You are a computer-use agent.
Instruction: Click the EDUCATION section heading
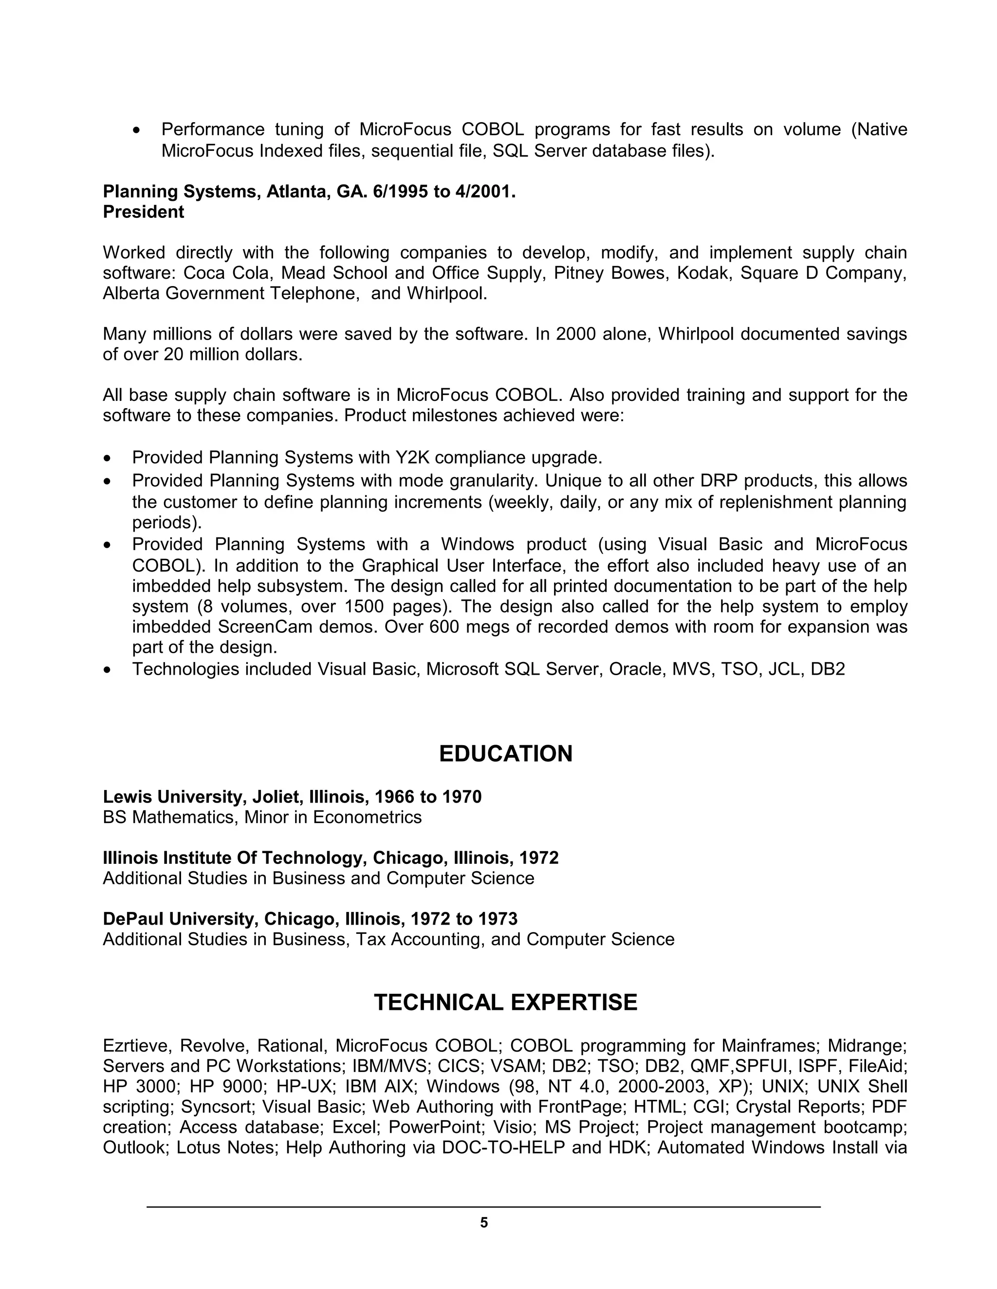coord(506,754)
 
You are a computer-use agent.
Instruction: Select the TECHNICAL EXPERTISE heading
coord(506,1002)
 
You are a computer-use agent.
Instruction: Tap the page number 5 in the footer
coord(484,1223)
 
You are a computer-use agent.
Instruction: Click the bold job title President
coord(144,212)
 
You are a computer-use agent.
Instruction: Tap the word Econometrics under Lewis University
coord(368,818)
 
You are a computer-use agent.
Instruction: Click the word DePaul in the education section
coord(133,919)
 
